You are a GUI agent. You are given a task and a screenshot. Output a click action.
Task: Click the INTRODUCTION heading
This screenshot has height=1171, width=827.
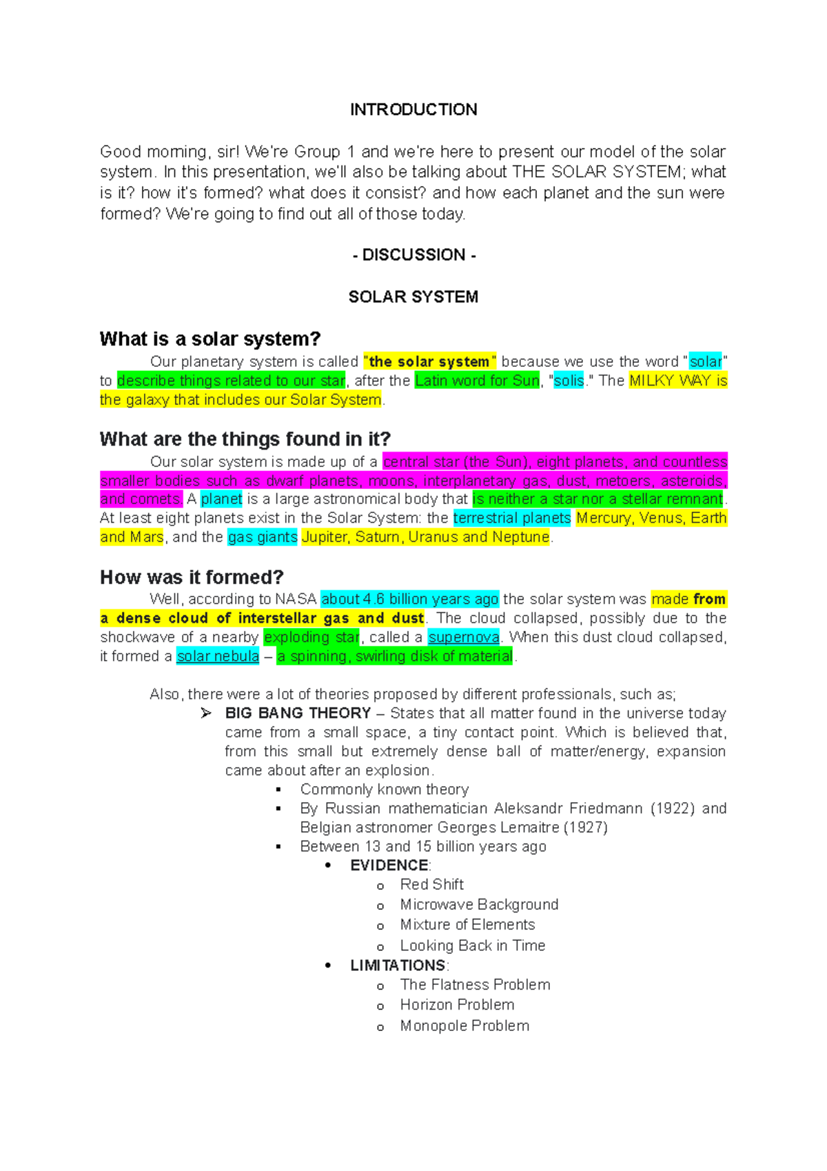[413, 110]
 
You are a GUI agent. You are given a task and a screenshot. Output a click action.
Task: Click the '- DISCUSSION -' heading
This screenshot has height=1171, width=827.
[413, 255]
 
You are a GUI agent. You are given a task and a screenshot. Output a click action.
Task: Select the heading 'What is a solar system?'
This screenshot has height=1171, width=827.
[210, 339]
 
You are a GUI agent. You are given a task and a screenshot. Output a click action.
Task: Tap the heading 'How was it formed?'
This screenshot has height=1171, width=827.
[192, 577]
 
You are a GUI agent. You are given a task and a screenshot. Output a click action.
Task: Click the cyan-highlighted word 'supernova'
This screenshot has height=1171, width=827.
[463, 637]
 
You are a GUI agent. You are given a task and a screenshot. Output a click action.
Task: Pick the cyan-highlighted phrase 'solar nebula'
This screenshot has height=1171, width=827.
[218, 657]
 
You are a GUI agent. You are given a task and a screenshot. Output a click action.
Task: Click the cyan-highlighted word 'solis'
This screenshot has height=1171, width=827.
[569, 381]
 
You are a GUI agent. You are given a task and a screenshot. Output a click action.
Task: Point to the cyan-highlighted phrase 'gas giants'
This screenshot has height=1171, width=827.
[263, 537]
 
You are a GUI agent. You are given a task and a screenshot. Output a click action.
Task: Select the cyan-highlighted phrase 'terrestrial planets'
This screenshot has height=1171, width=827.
[512, 518]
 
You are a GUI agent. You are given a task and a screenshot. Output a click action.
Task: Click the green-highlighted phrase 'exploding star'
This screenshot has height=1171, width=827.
[312, 637]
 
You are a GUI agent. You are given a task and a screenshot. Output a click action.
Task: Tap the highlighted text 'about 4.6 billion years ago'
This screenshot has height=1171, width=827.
[409, 599]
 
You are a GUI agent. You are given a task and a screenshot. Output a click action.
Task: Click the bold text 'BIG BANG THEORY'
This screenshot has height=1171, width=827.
[298, 713]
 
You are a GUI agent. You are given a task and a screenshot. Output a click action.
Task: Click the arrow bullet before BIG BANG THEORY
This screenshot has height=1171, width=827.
[206, 713]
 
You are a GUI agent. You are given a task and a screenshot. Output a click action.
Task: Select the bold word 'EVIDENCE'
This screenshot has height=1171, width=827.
[389, 865]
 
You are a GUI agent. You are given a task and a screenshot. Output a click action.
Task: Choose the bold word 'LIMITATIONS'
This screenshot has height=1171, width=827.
[398, 965]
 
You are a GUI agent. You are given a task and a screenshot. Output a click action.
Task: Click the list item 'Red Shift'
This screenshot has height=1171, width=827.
[431, 885]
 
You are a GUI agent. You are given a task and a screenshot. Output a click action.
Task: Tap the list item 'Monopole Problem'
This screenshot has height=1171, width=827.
[464, 1026]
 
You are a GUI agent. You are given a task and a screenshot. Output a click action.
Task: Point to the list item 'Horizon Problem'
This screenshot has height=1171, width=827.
[457, 1005]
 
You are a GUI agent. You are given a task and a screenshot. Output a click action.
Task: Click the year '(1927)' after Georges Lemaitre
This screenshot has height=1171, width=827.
[585, 828]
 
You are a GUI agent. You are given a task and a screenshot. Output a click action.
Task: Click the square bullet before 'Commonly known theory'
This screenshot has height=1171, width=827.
[278, 790]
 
